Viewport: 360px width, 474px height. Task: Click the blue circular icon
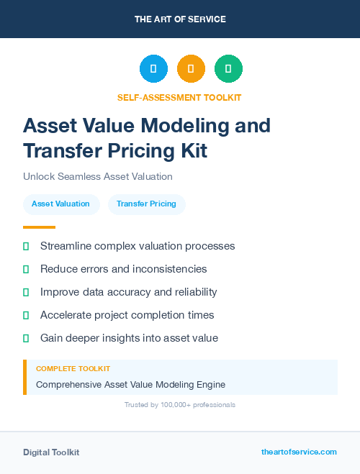[x=153, y=69]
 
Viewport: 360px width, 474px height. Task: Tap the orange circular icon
[x=191, y=69]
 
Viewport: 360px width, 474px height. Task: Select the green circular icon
[x=228, y=69]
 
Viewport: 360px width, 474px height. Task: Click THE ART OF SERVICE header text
[x=180, y=19]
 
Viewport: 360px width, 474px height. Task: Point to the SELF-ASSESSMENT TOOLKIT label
[x=179, y=97]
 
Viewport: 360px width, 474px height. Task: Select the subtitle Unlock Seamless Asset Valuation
[x=97, y=176]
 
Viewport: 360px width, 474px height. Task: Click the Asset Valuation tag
[x=60, y=204]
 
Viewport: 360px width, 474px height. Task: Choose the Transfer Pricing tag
[x=146, y=204]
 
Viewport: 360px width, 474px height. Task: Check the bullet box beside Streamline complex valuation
[x=26, y=246]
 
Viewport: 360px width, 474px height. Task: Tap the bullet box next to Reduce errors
[x=26, y=269]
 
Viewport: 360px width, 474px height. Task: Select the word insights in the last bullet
[x=134, y=338]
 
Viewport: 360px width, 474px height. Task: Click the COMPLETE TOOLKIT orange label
[x=73, y=368]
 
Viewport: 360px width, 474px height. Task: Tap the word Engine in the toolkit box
[x=210, y=384]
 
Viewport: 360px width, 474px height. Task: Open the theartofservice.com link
[x=299, y=452]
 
